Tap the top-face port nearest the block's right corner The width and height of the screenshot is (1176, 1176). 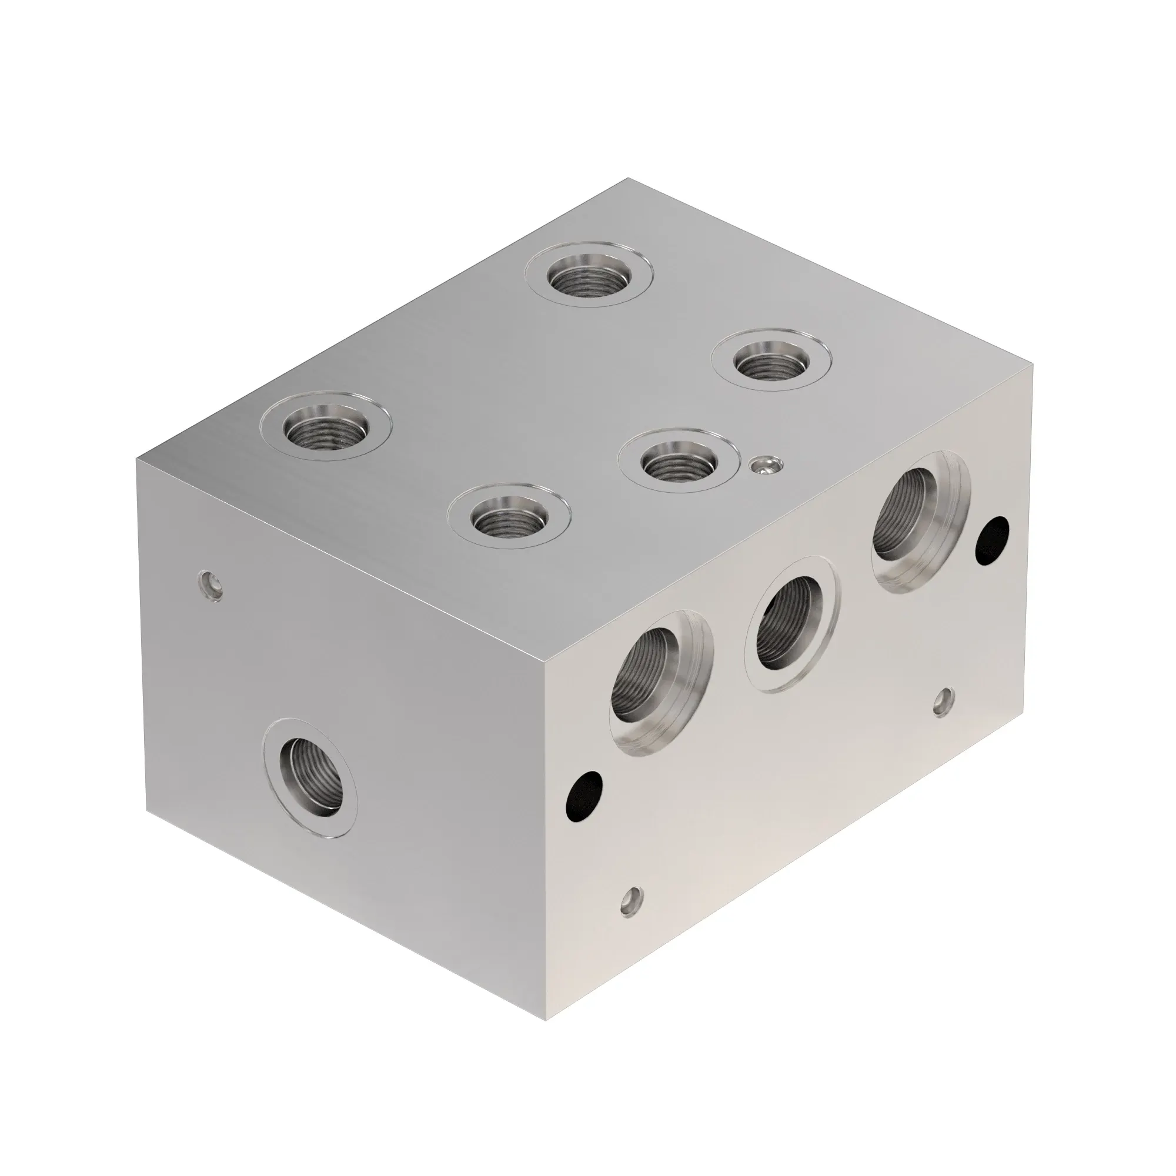[771, 365]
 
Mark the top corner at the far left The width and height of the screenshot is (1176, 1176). [138, 460]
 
